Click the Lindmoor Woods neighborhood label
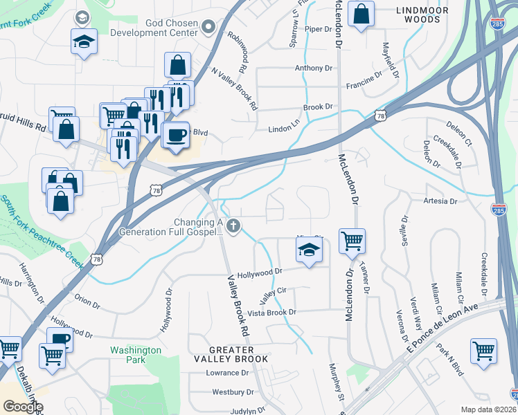click(x=418, y=15)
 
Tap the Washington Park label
click(x=136, y=355)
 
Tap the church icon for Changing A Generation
click(x=234, y=225)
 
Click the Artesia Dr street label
click(x=440, y=201)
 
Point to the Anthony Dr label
click(x=313, y=68)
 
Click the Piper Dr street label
click(x=319, y=29)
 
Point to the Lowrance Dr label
click(x=226, y=373)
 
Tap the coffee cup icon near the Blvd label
click(x=176, y=133)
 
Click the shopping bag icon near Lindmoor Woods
click(x=361, y=14)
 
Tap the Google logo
click(x=23, y=406)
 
